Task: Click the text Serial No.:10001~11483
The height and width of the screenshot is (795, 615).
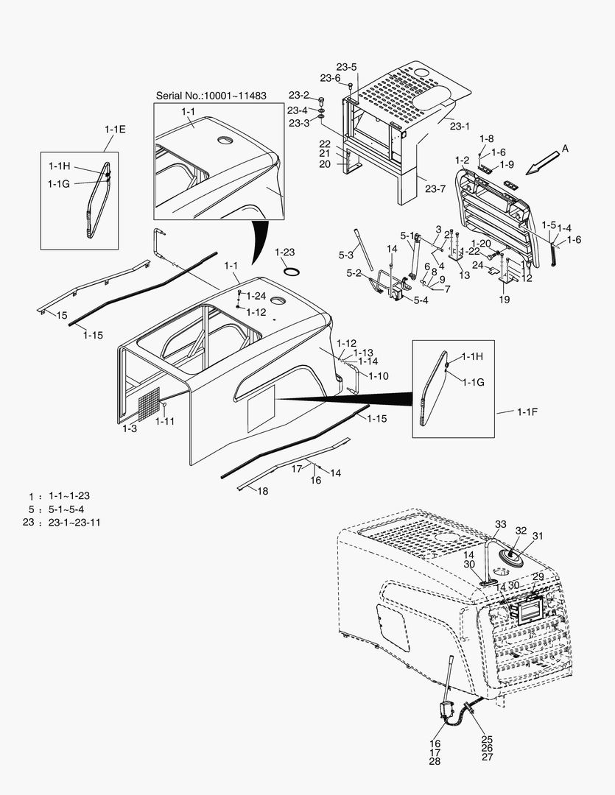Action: point(211,96)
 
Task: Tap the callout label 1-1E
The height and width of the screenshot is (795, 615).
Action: point(115,129)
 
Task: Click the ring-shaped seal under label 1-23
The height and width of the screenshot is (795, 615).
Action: point(291,270)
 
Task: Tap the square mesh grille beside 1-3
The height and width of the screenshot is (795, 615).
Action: point(149,404)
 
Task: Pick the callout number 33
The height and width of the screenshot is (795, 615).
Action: point(500,524)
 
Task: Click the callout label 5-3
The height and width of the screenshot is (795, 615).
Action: point(346,255)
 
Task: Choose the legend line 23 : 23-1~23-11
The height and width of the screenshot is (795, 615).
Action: point(62,523)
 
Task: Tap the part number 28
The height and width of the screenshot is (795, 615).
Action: point(435,761)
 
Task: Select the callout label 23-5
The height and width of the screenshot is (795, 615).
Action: point(348,67)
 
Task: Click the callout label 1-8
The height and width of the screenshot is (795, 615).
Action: point(486,138)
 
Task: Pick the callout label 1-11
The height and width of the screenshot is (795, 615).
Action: point(166,421)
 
